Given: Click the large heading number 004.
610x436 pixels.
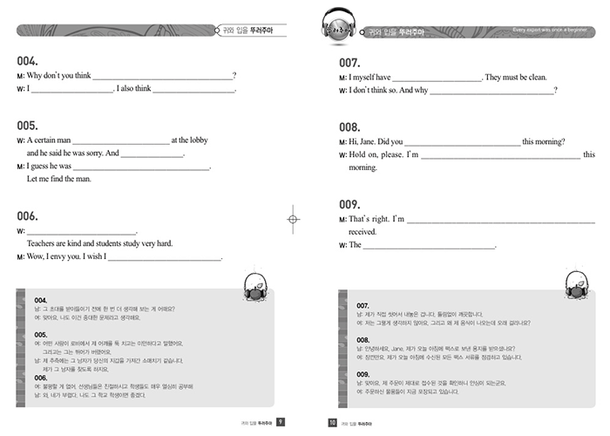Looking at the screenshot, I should [x=27, y=62].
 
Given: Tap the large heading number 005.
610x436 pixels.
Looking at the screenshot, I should [x=27, y=125].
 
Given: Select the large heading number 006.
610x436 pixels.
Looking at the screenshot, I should [x=27, y=216].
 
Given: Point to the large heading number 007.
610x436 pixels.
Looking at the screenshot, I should [x=349, y=63].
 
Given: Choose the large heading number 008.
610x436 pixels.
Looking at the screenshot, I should [x=349, y=126].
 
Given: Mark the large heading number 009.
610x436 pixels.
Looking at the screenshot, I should [x=349, y=204].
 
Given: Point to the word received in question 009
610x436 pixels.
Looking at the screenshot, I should [x=363, y=232].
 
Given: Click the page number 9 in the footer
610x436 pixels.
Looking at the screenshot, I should [x=280, y=422].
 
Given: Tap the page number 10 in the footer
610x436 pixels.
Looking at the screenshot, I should [x=331, y=422].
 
